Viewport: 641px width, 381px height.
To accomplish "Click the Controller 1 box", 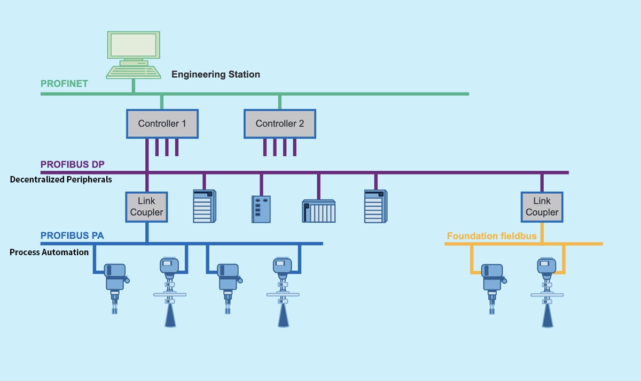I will tap(162, 124).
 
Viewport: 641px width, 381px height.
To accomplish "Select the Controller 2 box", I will tap(279, 124).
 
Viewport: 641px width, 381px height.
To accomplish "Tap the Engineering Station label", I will tap(215, 74).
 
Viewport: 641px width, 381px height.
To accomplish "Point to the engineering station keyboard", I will tap(133, 72).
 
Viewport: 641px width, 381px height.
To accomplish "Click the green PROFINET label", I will tap(64, 84).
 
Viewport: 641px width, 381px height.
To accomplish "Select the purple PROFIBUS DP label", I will tap(72, 164).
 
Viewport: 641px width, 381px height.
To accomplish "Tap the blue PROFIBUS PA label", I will tap(72, 235).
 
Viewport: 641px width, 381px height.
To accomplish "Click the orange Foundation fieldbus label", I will tap(491, 236).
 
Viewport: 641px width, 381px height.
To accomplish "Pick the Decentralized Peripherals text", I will tap(61, 179).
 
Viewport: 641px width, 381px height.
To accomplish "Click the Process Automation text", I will tap(49, 252).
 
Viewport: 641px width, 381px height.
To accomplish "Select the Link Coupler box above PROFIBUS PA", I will tap(146, 207).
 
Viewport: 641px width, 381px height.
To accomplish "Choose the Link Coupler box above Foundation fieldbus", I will tap(542, 207).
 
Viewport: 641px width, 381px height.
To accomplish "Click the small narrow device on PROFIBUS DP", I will tap(261, 209).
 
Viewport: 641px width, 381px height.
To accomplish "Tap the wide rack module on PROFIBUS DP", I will tap(318, 211).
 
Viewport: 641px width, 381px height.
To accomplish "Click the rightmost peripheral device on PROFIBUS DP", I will tap(376, 206).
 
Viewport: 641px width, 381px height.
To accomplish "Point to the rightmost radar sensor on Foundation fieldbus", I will tap(548, 292).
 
